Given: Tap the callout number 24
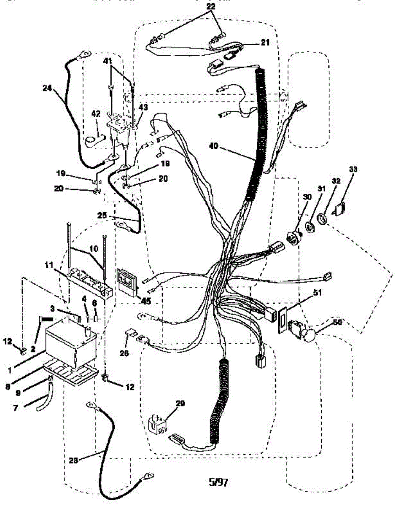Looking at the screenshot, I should click(x=47, y=88).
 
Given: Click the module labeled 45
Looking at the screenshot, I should click(x=127, y=280).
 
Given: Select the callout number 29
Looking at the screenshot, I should click(x=180, y=404).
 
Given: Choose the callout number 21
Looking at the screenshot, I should click(x=265, y=42).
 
